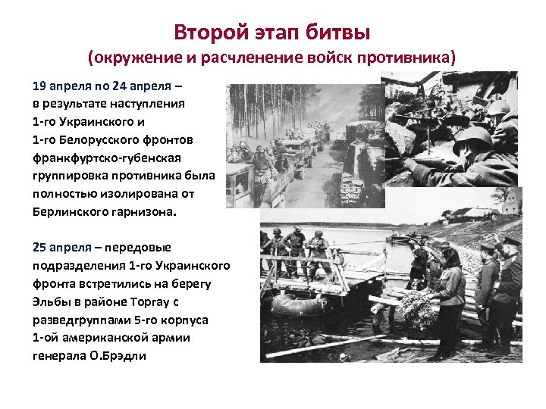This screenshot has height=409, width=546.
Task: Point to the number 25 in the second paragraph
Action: click(39, 248)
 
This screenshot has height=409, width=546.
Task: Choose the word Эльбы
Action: click(49, 301)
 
